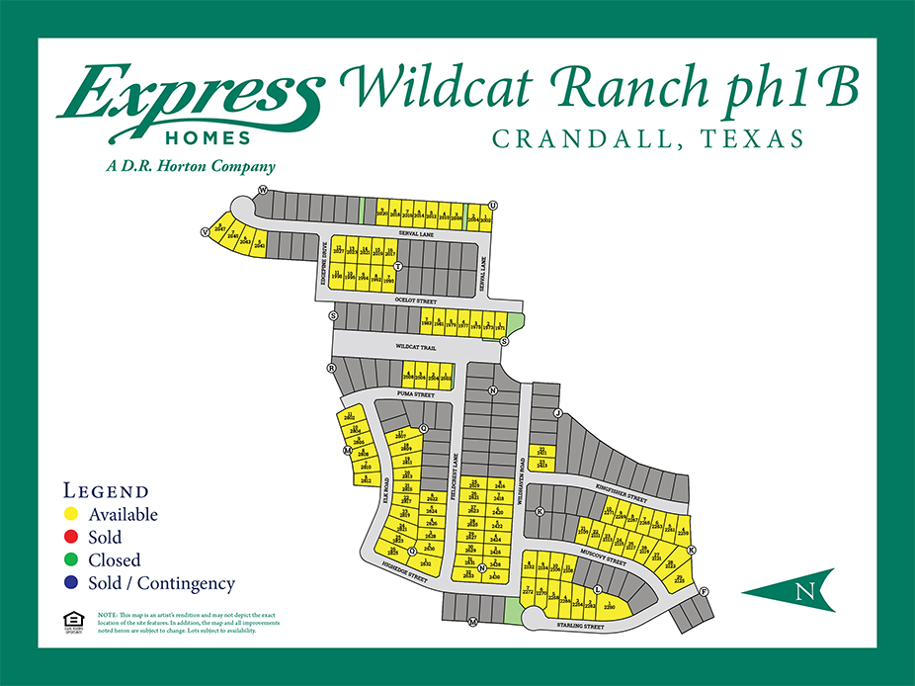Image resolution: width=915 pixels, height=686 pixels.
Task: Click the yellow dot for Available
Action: (70, 515)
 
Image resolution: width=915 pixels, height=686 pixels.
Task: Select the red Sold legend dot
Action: (70, 538)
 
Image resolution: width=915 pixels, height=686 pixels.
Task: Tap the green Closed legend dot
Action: (70, 560)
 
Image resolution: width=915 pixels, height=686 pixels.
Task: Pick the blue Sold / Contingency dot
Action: (70, 583)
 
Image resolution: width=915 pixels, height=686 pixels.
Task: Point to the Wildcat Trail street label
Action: (415, 348)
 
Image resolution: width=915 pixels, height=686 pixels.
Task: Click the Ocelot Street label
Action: (416, 298)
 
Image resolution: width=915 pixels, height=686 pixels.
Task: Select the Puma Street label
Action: (416, 394)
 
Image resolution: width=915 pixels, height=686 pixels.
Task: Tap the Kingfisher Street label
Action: (620, 485)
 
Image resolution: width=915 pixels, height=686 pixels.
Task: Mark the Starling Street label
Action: (581, 626)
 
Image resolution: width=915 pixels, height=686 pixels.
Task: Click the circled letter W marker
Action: (263, 189)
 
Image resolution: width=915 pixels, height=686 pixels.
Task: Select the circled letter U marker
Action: (492, 205)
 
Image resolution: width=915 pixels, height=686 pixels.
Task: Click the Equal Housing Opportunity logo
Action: (70, 622)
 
